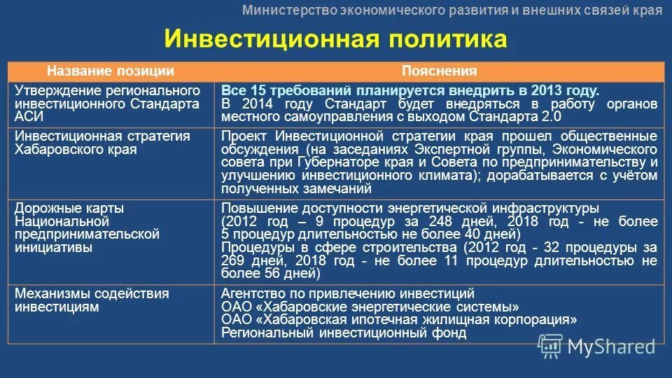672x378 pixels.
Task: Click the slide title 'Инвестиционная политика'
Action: tap(335, 39)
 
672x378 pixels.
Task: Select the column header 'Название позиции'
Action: tap(111, 71)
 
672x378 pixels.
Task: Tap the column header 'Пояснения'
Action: tap(439, 71)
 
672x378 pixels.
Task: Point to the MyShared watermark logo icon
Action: tap(549, 344)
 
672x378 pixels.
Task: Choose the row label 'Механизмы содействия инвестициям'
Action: tap(92, 300)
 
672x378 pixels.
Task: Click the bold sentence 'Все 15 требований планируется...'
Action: tap(410, 91)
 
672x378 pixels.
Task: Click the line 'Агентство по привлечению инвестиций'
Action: tap(348, 293)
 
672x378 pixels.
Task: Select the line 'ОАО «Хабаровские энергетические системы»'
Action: tap(370, 307)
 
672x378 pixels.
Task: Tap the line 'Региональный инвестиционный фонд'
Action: tap(344, 332)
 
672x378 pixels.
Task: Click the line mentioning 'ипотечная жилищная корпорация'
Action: tap(399, 319)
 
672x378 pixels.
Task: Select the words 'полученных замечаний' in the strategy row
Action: tap(296, 189)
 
